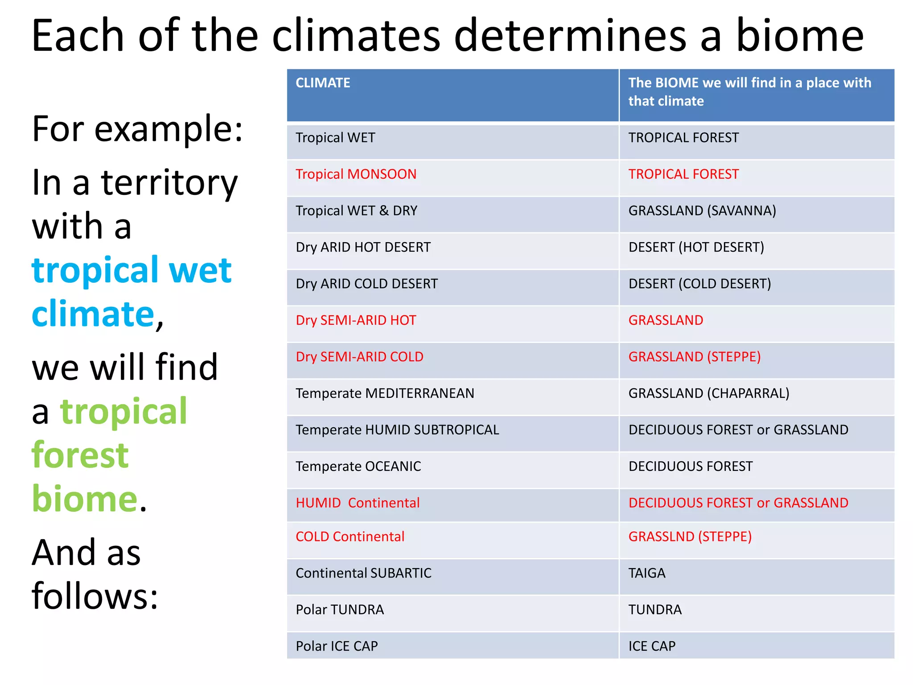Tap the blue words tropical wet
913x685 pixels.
[x=132, y=270]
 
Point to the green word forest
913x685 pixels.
[x=80, y=455]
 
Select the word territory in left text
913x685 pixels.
[x=169, y=183]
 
